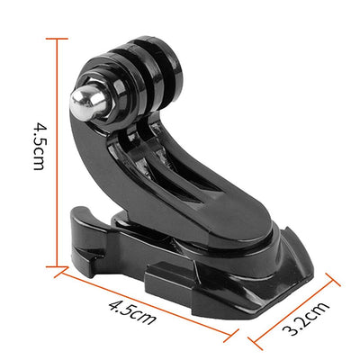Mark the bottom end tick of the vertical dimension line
tap(58, 265)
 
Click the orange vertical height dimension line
tap(58, 153)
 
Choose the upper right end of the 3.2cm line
tap(339, 282)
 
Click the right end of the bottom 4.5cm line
tap(237, 338)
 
